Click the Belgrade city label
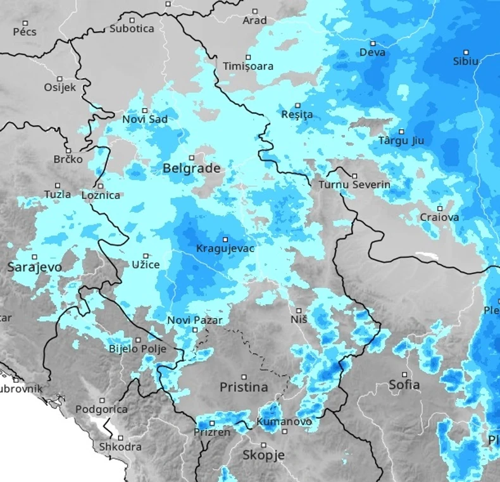point(192,169)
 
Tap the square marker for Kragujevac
point(225,239)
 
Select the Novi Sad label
point(145,119)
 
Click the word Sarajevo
point(35,268)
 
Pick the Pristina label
point(244,386)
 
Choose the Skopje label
point(264,455)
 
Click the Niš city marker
point(299,311)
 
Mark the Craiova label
point(440,218)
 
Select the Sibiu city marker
point(466,52)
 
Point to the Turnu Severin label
point(354,185)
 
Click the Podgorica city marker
point(102,400)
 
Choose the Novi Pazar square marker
point(194,330)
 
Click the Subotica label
point(132,28)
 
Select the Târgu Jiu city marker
point(401,132)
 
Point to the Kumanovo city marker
point(284,432)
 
